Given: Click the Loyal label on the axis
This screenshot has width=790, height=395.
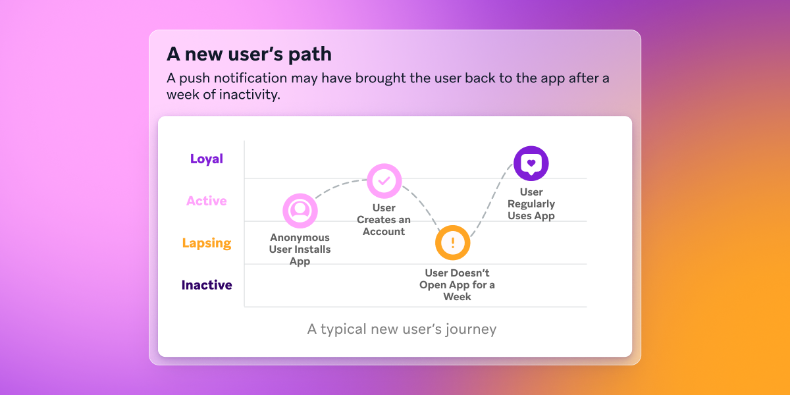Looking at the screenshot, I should [x=207, y=159].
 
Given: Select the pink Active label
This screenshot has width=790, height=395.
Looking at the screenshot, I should [x=207, y=201].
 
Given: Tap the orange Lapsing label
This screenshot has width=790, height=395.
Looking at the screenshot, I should [x=207, y=243].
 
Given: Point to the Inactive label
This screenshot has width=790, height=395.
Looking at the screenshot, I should [x=207, y=285].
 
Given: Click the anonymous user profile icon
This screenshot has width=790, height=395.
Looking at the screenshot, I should [x=300, y=211].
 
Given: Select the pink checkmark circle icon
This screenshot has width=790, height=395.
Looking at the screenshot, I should [x=384, y=180].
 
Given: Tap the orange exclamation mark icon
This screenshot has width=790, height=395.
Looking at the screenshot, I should [x=453, y=242].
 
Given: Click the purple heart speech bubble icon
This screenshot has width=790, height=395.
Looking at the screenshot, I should [x=531, y=163].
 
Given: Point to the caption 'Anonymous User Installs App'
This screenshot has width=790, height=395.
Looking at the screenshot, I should [x=300, y=250].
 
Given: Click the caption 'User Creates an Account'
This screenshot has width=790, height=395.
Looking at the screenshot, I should [x=384, y=220].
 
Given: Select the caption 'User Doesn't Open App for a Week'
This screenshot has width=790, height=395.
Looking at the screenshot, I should [x=457, y=285].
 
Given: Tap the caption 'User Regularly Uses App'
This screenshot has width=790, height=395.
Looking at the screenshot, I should [x=531, y=204].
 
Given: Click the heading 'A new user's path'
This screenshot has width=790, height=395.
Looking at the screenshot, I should [x=249, y=53].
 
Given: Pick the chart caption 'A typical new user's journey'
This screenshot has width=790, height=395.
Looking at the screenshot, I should [x=402, y=329].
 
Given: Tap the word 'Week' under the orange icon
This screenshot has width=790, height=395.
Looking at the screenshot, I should [x=457, y=297].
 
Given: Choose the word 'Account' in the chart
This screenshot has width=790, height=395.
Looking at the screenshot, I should [x=384, y=232].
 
